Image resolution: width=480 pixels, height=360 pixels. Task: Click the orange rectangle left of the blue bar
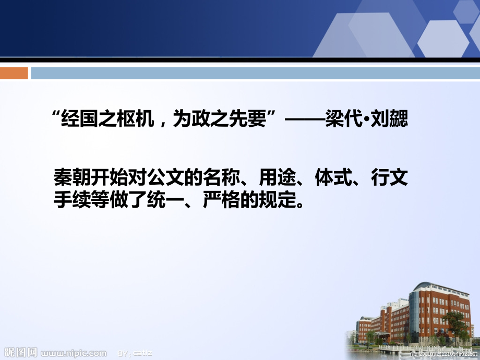point(14,73)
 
